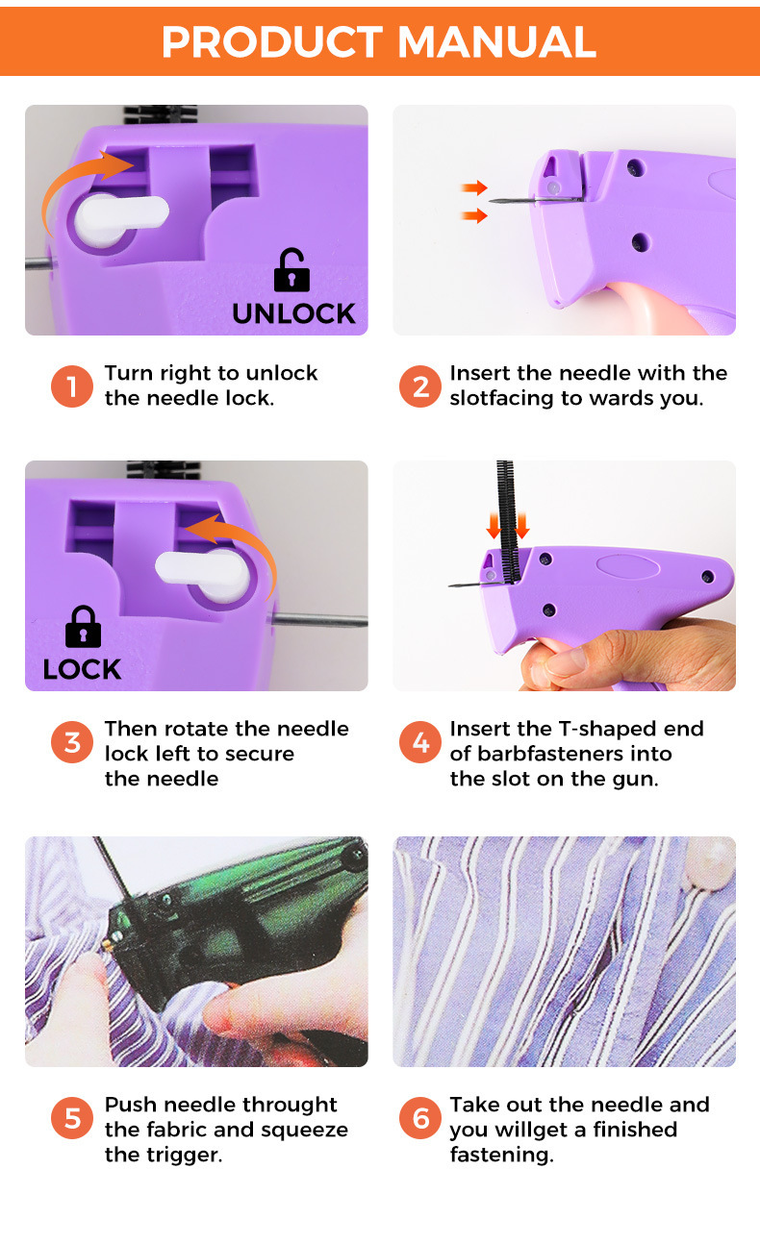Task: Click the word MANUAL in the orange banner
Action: point(496,42)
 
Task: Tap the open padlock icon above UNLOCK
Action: point(291,269)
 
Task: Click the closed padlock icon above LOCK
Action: point(84,626)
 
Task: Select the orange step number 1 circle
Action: point(72,386)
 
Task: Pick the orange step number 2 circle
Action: point(420,386)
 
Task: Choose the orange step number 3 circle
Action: point(72,742)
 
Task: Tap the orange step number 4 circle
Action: point(420,742)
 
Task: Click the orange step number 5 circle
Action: point(72,1118)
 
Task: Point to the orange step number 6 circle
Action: point(420,1118)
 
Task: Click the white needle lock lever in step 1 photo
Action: point(119,218)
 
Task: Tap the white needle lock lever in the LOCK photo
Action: point(203,575)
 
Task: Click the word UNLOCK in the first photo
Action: point(293,313)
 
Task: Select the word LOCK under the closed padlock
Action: point(82,669)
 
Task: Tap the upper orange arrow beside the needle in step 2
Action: point(474,187)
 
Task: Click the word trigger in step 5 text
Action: point(185,1156)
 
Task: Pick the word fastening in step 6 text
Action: point(501,1156)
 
